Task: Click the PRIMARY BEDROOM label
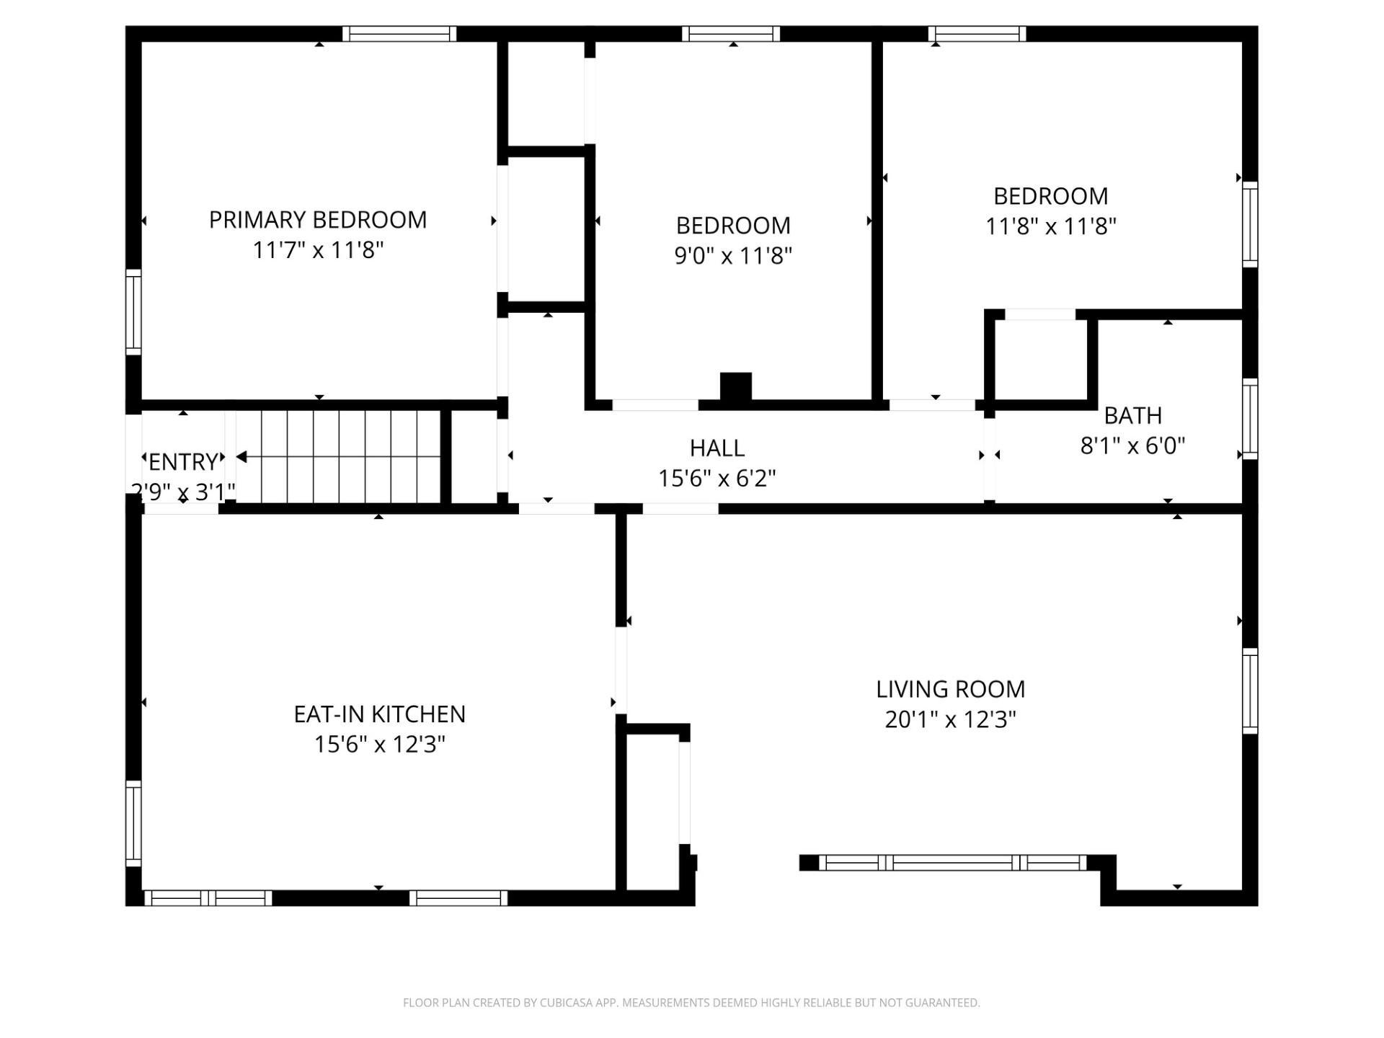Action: [318, 220]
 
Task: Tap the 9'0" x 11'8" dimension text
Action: [733, 256]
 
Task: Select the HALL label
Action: [717, 448]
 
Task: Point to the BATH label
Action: [1133, 416]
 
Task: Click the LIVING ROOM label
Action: [951, 689]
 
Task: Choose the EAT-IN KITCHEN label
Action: [380, 714]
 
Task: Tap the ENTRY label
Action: [183, 461]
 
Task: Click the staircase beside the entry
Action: [339, 457]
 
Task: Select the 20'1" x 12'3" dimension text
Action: [951, 719]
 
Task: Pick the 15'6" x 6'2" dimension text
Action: [717, 479]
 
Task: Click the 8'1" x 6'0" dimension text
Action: [1133, 446]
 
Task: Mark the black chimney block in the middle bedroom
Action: [736, 386]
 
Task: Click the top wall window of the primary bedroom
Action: [399, 34]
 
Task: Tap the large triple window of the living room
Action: [953, 863]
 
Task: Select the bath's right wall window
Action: [1251, 419]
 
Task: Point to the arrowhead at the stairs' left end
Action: [241, 457]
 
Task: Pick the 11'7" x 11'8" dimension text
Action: [318, 250]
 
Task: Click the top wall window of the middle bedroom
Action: [731, 34]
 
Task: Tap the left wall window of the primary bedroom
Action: [133, 312]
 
